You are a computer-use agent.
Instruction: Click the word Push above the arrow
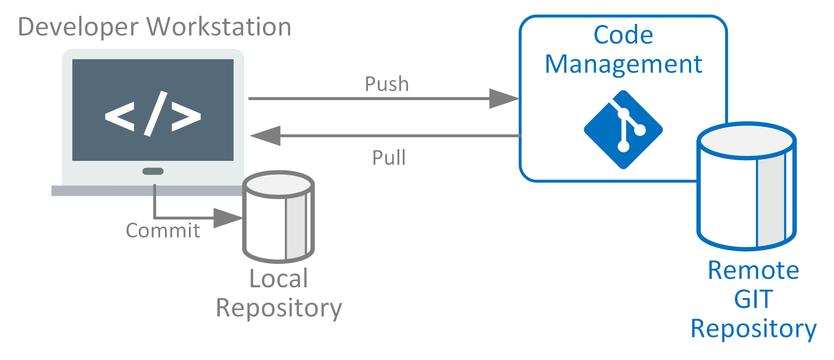[387, 84]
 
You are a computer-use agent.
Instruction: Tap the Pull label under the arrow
[389, 157]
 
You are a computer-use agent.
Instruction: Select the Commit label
[163, 230]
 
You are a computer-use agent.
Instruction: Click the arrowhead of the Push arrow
[504, 99]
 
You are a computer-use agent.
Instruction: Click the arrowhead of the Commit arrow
[228, 218]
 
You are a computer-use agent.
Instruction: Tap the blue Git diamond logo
[623, 130]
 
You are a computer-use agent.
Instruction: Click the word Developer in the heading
[78, 27]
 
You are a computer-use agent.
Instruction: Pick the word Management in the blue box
[623, 64]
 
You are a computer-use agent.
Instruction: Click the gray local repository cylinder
[278, 218]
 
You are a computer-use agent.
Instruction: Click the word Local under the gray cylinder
[278, 279]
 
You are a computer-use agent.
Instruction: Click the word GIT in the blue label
[753, 299]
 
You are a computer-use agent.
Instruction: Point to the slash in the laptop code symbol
[155, 113]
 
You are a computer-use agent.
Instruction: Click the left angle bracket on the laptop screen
[120, 116]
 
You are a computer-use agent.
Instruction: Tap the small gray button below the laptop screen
[153, 171]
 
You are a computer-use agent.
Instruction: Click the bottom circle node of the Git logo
[623, 146]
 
